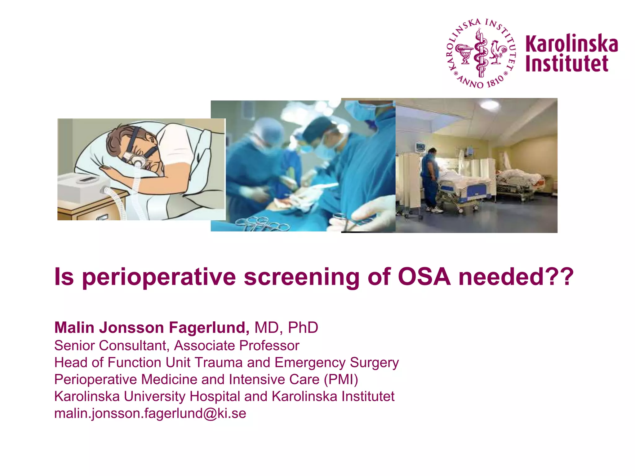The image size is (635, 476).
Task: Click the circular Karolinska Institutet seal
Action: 481,53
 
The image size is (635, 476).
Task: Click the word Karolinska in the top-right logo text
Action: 571,44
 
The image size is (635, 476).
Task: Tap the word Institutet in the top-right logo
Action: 567,64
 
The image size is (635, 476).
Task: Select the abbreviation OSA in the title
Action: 424,276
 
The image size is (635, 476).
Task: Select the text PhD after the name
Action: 303,328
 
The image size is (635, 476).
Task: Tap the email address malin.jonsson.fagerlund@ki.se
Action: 150,413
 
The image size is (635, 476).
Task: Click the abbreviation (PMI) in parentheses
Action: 341,380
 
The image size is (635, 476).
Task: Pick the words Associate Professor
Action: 237,346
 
